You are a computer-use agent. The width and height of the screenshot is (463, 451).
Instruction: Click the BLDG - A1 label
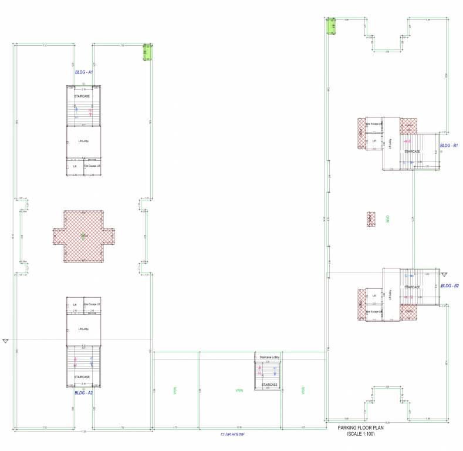84,72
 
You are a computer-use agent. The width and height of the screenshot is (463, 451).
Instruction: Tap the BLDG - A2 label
84,393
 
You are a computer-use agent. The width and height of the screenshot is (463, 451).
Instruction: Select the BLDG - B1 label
449,145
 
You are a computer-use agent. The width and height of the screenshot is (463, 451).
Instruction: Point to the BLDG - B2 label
450,285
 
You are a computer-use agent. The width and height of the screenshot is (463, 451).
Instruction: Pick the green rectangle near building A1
148,52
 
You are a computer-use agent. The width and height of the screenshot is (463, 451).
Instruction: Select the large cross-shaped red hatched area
83,236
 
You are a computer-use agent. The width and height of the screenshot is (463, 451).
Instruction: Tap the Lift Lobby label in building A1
83,142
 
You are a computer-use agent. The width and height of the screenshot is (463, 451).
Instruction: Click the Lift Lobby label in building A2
83,329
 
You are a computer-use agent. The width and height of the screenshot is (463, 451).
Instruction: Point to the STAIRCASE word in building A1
82,95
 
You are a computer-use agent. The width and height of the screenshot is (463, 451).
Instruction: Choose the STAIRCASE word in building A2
82,377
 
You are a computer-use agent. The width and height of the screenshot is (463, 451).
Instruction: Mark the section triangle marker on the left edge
6,341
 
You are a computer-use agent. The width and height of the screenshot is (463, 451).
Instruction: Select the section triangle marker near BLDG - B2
444,274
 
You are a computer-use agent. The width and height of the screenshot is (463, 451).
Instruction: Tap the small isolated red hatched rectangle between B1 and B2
371,220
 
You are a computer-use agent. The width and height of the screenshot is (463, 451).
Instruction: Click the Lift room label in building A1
75,166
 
